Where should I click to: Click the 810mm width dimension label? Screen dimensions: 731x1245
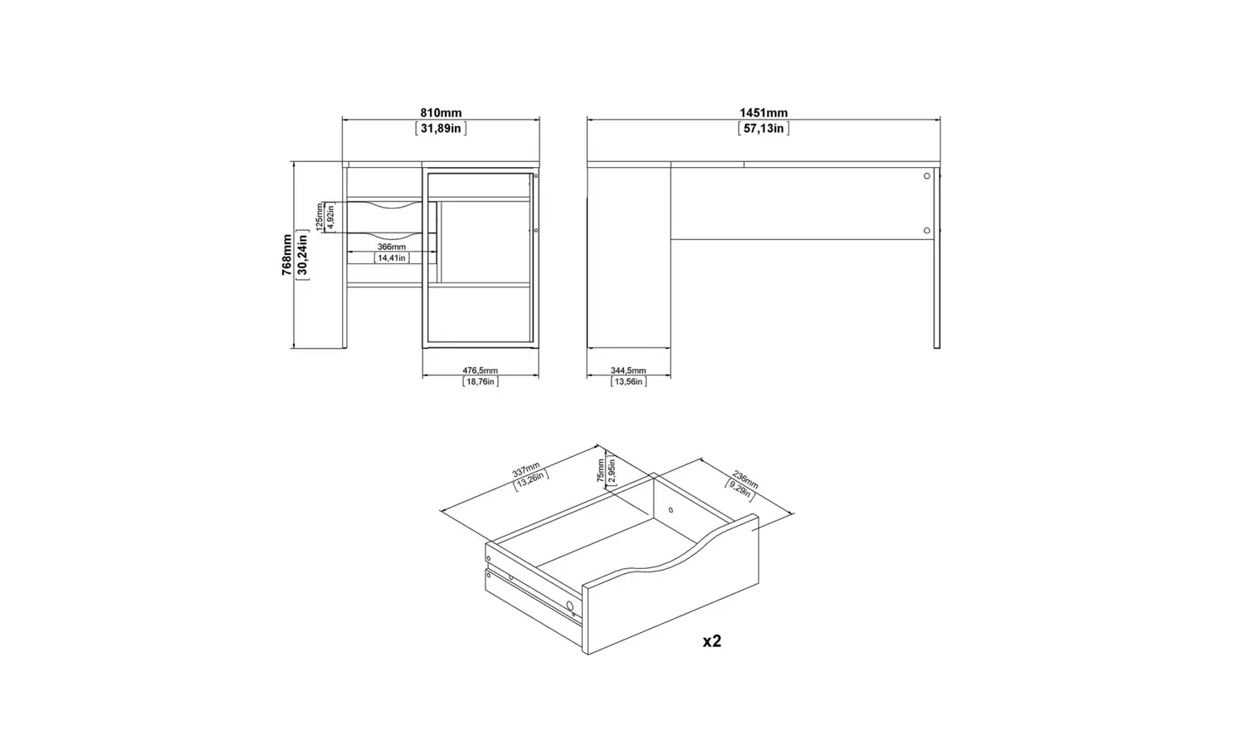(x=441, y=113)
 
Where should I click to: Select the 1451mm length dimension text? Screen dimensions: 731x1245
(x=764, y=113)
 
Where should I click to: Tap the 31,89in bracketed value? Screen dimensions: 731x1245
(x=441, y=128)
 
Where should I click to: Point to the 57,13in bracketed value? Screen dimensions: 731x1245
(x=764, y=128)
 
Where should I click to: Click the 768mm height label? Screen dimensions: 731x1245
(x=286, y=254)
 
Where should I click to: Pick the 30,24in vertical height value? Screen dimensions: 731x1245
(x=302, y=254)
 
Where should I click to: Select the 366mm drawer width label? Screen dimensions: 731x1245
(x=392, y=247)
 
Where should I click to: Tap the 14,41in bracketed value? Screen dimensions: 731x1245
(x=392, y=258)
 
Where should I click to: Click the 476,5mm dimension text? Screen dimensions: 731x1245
(x=480, y=370)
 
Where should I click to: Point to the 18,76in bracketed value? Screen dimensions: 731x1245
(x=480, y=381)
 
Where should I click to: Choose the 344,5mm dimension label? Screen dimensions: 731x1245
(x=628, y=370)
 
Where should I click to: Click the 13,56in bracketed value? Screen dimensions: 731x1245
(x=628, y=381)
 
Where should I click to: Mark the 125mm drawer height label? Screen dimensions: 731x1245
(x=320, y=217)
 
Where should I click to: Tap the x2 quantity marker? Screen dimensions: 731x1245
(x=712, y=641)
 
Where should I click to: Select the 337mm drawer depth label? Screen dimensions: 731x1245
(x=526, y=469)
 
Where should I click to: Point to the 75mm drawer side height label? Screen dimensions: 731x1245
(x=601, y=471)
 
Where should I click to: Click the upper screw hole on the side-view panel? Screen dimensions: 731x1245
(x=926, y=176)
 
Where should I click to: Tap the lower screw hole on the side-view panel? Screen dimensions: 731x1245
(x=926, y=230)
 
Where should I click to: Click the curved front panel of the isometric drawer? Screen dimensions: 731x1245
(x=672, y=590)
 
